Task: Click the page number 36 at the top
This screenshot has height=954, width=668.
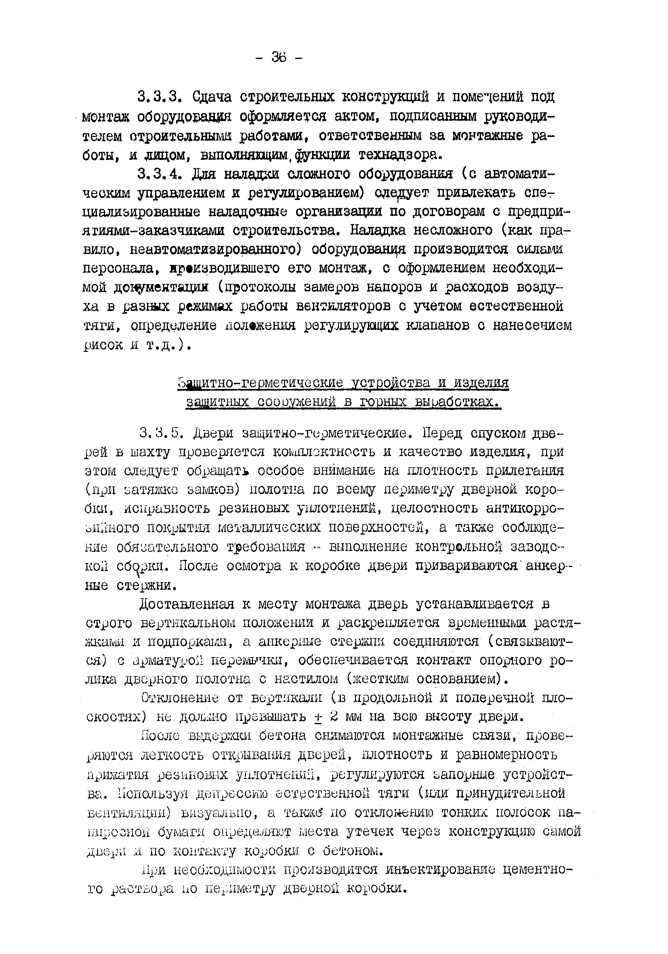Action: coord(279,57)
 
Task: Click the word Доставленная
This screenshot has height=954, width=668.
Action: coord(187,604)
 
